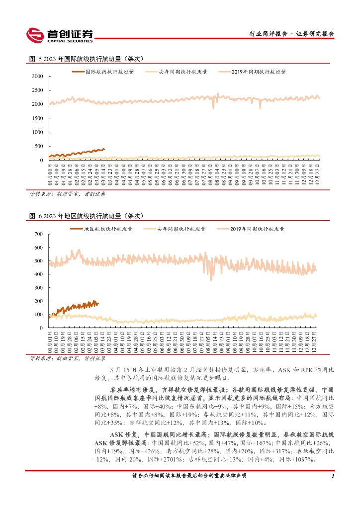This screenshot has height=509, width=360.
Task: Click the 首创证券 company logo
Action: click(60, 34)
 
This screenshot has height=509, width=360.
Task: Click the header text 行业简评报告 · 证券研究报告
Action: click(291, 34)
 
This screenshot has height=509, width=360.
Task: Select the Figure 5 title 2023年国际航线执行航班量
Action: click(87, 59)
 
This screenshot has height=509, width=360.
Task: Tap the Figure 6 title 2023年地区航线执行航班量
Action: click(87, 216)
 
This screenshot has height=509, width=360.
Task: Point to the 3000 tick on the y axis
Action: click(37, 77)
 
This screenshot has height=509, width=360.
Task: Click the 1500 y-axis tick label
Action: click(37, 118)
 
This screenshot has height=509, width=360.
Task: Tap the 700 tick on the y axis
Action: click(39, 234)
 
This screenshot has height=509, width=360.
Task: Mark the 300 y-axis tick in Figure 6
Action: click(39, 287)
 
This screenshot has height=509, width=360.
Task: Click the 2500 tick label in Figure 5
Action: click(37, 90)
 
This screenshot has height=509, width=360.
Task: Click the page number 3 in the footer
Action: click(332, 476)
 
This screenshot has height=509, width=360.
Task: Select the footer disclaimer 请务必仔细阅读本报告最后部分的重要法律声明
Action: click(189, 476)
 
